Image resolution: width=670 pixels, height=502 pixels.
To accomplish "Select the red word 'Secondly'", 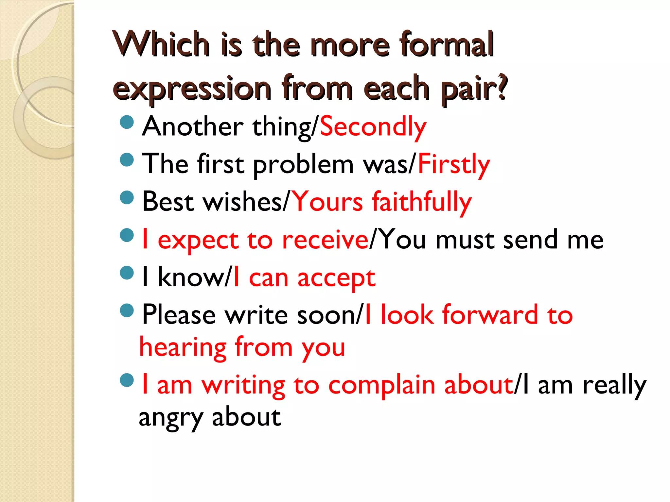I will pyautogui.click(x=373, y=127).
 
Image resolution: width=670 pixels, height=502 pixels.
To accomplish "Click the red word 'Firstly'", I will pyautogui.click(x=454, y=164).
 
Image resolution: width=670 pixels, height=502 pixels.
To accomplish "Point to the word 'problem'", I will pyautogui.click(x=303, y=165).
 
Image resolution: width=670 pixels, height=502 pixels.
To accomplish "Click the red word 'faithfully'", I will pyautogui.click(x=422, y=202).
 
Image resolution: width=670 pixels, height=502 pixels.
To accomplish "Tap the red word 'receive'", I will pyautogui.click(x=325, y=240).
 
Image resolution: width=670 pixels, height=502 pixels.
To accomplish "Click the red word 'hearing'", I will pyautogui.click(x=183, y=348).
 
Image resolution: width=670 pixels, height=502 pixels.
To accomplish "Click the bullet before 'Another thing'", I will pyautogui.click(x=127, y=122).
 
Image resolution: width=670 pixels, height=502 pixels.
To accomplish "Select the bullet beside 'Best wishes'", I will pyautogui.click(x=127, y=197).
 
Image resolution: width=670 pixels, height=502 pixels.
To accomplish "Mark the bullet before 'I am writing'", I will pyautogui.click(x=127, y=380).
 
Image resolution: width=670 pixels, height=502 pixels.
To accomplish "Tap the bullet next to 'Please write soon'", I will pyautogui.click(x=127, y=310).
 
